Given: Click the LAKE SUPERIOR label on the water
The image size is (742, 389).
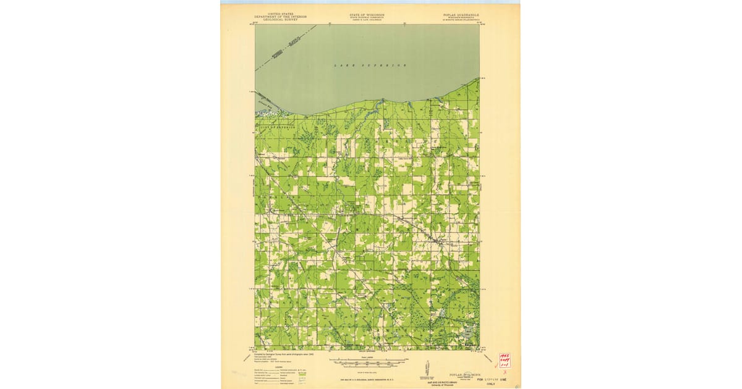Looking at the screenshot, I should click(370, 65).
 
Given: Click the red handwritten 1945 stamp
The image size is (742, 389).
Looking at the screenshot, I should click(505, 361).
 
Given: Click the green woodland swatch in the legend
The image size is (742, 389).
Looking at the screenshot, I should click(302, 374).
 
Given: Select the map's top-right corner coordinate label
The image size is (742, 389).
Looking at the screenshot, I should click(482, 23).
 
